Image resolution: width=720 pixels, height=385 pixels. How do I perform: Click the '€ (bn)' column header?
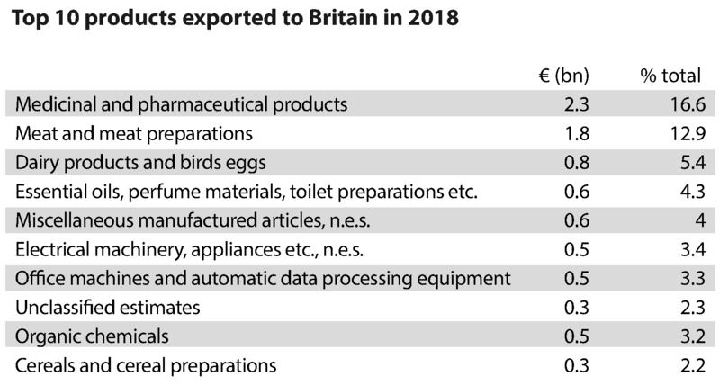pyautogui.click(x=558, y=76)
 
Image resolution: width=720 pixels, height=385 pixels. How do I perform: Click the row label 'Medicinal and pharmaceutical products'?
pyautogui.click(x=182, y=104)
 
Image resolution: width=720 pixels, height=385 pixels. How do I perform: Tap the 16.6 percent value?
pyautogui.click(x=684, y=104)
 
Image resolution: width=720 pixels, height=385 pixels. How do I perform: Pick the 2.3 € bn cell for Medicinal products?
pyautogui.click(x=576, y=104)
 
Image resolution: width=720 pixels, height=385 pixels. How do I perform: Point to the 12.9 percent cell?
pyautogui.click(x=684, y=134)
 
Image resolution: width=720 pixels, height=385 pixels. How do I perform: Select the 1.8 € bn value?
pyautogui.click(x=576, y=134)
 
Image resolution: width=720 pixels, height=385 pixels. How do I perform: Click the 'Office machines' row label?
pyautogui.click(x=263, y=279)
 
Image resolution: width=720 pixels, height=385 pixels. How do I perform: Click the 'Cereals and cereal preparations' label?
pyautogui.click(x=146, y=366)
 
